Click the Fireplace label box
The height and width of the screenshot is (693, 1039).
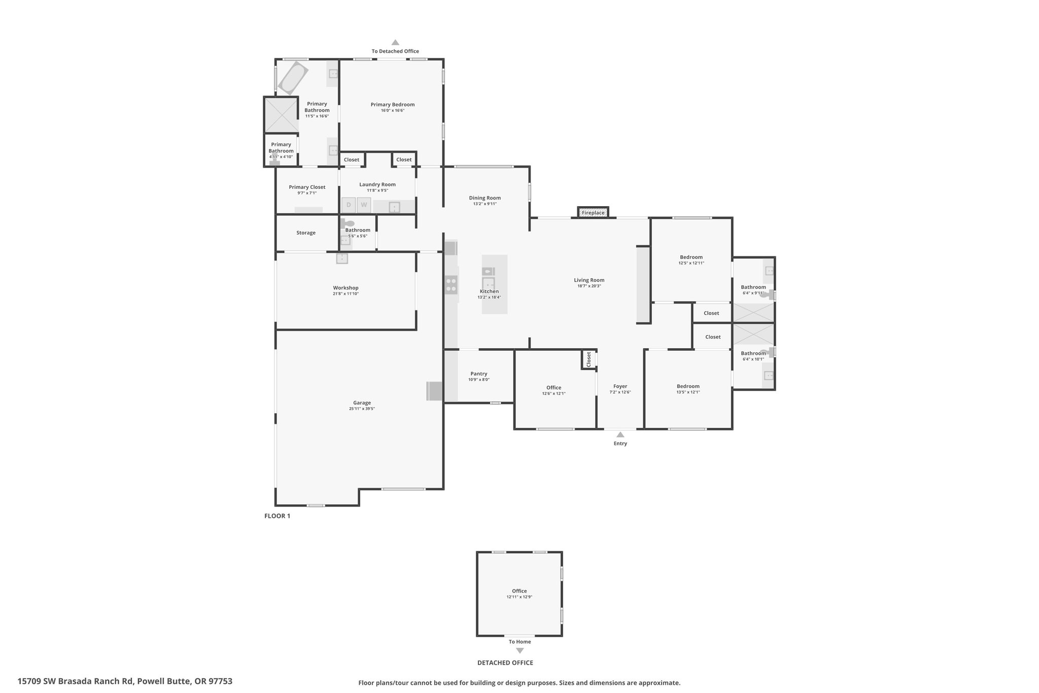593,212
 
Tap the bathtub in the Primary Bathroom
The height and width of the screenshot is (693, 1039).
293,78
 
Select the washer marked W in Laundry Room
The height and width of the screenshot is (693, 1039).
364,205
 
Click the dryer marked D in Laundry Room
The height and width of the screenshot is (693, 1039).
349,205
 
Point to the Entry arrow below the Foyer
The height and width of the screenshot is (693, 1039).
620,435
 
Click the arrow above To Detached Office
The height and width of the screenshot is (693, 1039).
395,43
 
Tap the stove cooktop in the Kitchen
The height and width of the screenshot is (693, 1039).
451,284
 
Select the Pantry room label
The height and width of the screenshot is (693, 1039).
479,374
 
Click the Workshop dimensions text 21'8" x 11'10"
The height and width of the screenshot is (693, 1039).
346,294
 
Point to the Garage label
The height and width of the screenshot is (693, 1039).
362,403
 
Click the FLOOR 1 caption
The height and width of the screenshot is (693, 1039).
277,516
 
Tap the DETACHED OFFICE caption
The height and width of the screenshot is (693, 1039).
505,663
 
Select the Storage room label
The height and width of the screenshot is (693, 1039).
306,233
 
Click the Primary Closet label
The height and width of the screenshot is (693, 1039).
307,187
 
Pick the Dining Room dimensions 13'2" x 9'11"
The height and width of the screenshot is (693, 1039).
485,204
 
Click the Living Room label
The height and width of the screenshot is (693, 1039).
589,280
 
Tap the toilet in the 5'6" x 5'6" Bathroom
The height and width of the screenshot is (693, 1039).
349,223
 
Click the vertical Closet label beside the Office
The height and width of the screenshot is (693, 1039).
588,359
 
